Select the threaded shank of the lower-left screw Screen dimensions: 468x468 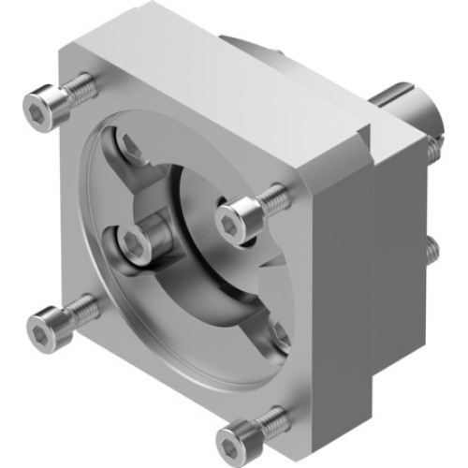point(82,308)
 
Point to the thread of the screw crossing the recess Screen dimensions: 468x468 point(272,198)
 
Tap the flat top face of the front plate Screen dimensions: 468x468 point(225,89)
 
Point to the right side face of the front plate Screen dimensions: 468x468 point(337,281)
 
